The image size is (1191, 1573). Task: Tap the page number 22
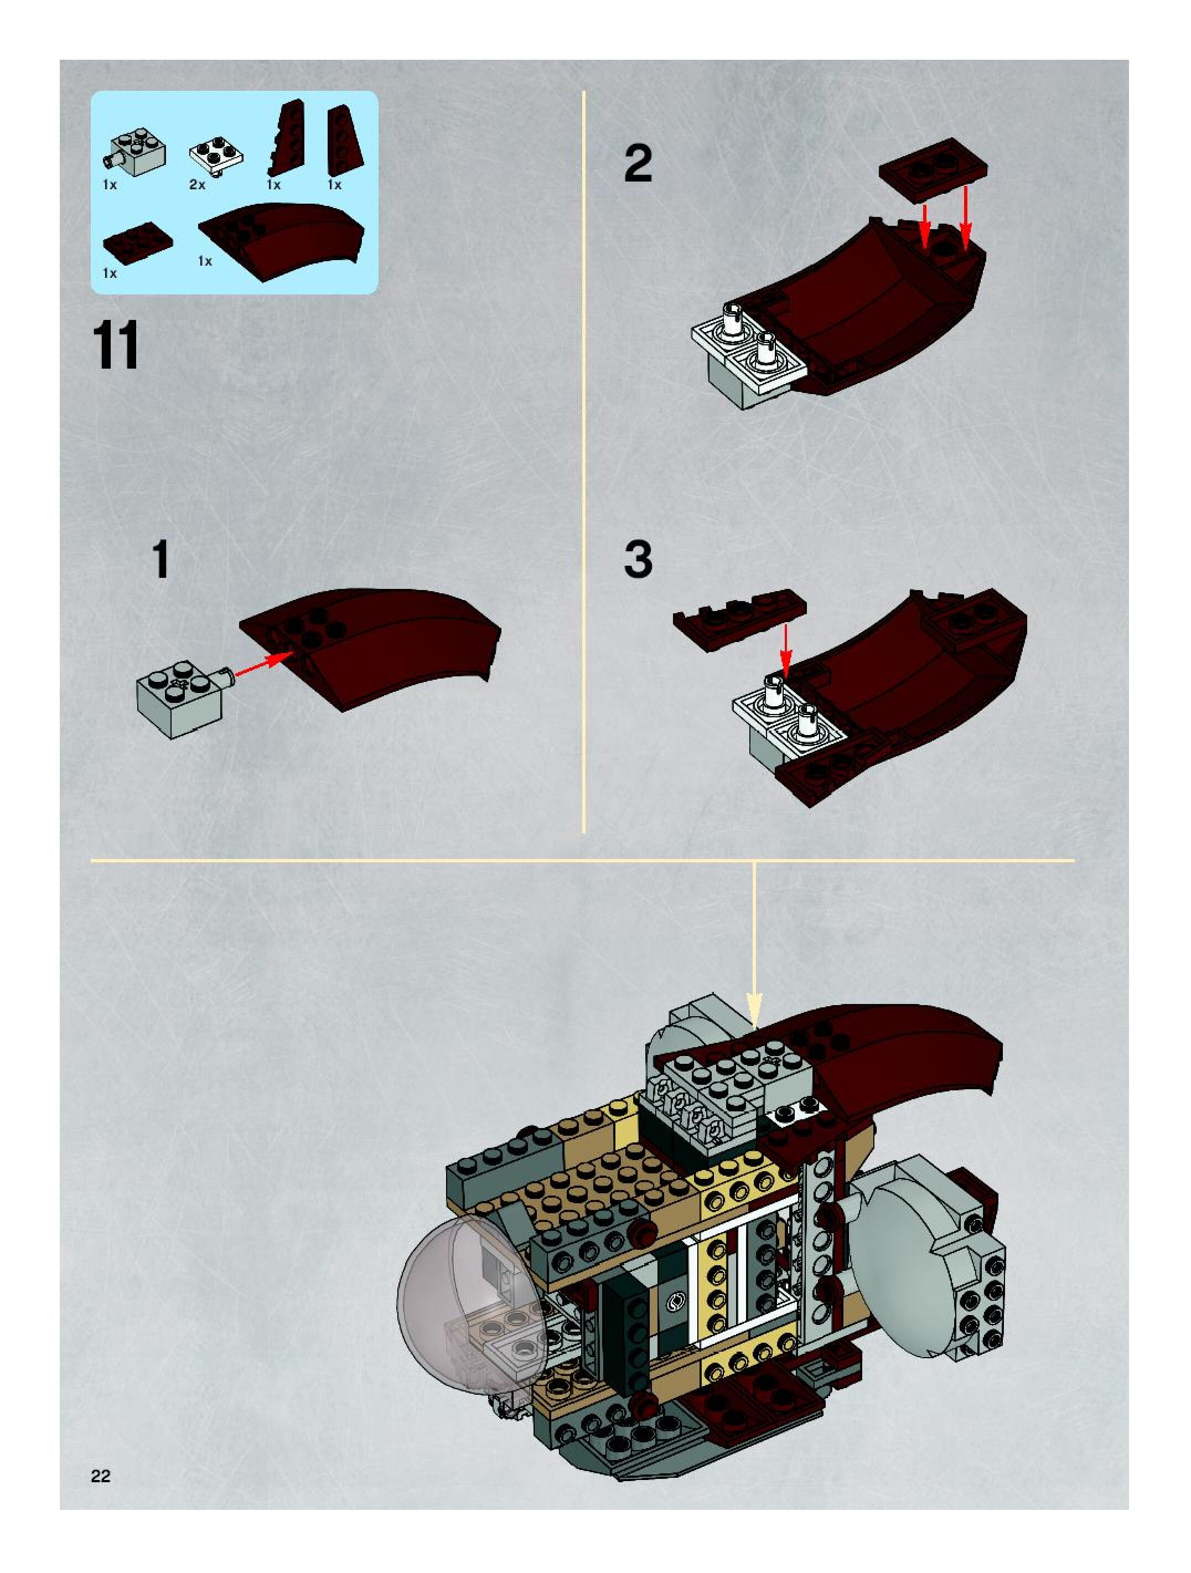[x=100, y=1476]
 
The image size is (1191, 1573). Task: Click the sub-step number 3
[x=638, y=560]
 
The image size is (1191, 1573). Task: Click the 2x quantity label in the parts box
[x=197, y=185]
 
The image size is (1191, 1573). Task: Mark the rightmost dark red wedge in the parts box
[x=343, y=140]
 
